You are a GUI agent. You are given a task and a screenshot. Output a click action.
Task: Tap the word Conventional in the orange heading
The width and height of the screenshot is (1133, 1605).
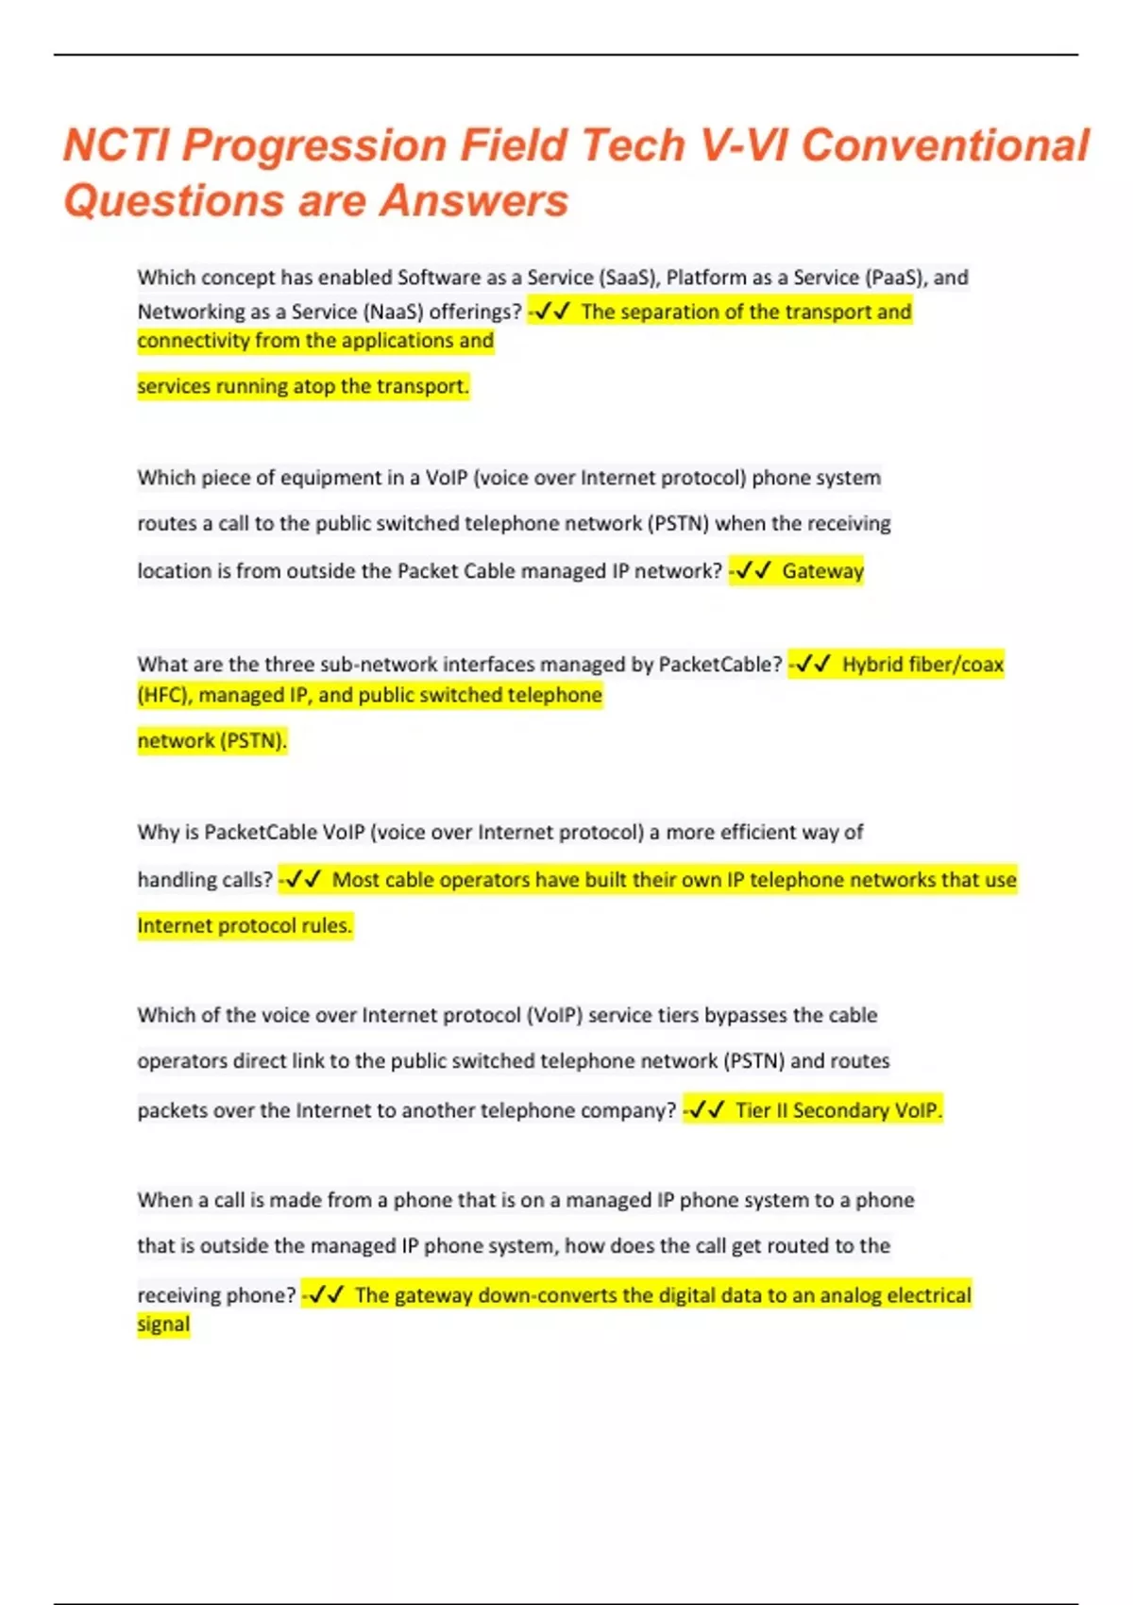click(945, 146)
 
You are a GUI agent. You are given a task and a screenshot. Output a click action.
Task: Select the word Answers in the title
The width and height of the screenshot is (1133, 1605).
click(474, 201)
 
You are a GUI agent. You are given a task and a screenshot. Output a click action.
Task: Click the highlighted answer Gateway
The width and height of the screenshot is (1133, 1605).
click(822, 571)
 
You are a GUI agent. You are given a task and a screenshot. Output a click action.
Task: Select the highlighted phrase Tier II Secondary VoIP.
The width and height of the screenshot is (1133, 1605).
click(838, 1110)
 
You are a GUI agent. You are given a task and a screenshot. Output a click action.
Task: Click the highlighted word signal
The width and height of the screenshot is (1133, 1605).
click(163, 1325)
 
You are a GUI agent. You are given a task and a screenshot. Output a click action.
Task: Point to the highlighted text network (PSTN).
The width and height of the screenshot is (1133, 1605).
click(211, 741)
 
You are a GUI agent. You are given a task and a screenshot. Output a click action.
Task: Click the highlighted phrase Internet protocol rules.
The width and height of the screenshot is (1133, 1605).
click(245, 926)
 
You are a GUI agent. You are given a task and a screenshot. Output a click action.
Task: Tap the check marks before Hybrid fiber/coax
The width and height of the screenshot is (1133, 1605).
click(812, 665)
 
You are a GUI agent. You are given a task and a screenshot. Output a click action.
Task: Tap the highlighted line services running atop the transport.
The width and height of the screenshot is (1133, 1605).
click(302, 386)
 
